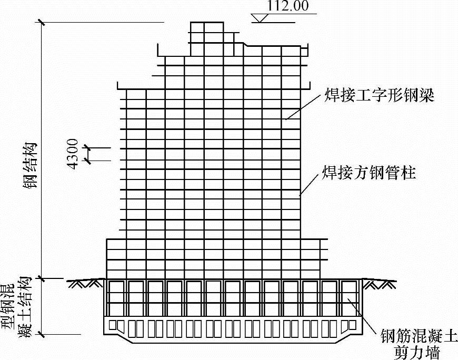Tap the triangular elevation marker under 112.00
coord(260,18)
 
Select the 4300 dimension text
coord(73,153)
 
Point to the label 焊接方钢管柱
coord(369,173)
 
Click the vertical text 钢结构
coord(33,165)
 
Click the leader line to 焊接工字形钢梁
coord(303,107)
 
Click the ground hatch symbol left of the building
coord(84,283)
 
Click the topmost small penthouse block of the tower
coord(205,32)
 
